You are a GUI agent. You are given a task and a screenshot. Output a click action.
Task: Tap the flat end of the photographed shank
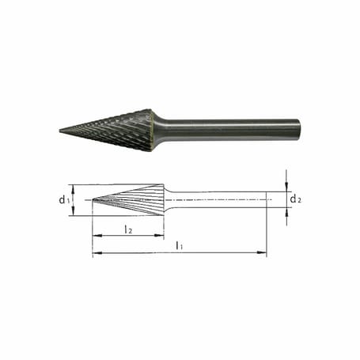coord(299,129)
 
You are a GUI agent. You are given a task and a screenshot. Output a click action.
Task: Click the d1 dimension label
coord(63,199)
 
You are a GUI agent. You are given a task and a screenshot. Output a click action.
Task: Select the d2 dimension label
coord(294,199)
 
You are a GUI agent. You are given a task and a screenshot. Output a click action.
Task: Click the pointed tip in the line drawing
coord(93,199)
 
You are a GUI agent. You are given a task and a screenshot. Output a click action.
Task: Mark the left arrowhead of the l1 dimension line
coord(96,253)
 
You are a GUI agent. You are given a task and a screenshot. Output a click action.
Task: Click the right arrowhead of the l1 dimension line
coord(263,253)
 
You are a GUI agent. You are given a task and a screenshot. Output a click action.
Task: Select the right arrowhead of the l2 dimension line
coord(161,236)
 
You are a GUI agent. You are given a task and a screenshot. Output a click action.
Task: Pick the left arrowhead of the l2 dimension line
coord(96,236)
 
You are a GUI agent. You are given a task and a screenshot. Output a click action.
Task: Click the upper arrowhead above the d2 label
coord(286,188)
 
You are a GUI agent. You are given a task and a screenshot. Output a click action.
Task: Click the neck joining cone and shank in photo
coord(159,129)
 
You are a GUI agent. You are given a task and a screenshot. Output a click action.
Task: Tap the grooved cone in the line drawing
coord(135,199)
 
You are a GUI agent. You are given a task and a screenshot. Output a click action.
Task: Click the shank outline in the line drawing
coord(222,199)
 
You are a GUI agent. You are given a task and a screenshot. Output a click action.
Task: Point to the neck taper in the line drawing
coord(169,199)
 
